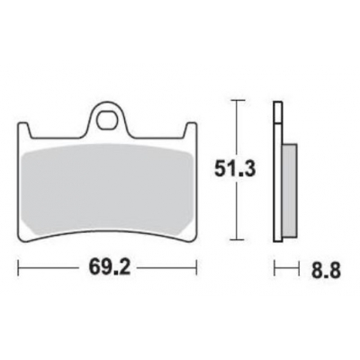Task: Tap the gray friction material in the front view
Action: click(108, 193)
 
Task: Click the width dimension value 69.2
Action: click(106, 267)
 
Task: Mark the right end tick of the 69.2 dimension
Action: click(195, 267)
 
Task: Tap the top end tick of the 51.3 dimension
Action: click(235, 101)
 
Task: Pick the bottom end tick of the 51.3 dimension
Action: click(235, 238)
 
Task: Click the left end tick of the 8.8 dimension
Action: click(274, 267)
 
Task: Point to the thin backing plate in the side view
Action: click(275, 171)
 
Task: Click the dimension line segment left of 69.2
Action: click(49, 267)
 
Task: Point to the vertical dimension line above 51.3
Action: click(235, 126)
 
